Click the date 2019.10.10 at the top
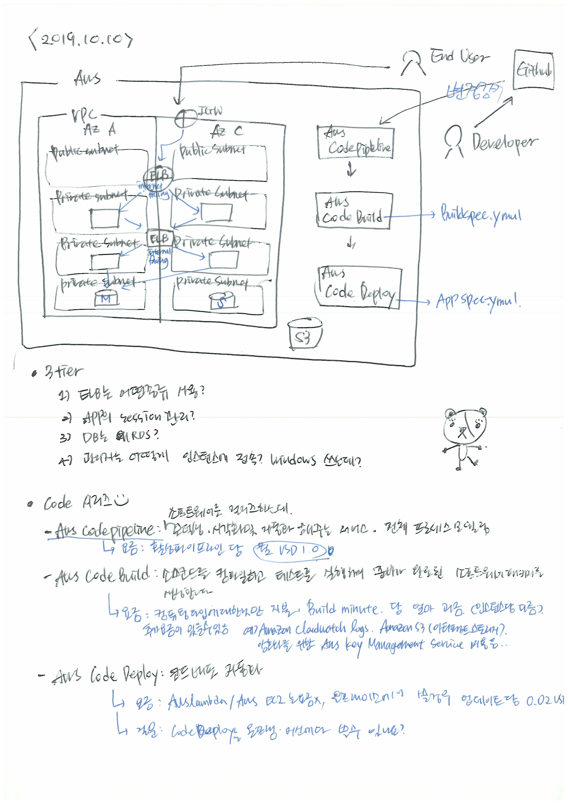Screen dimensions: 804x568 coord(81,41)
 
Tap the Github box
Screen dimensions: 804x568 coord(533,70)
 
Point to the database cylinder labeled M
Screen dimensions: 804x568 coord(106,298)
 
